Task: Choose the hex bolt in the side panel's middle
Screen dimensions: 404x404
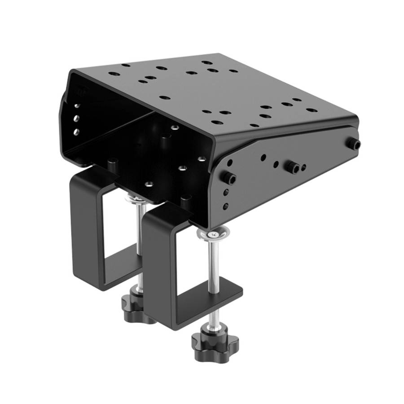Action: coord(293,167)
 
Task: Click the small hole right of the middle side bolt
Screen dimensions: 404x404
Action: coord(304,167)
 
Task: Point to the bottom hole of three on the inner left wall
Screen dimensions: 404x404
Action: coord(76,132)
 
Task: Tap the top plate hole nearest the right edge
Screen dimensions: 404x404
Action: coord(311,110)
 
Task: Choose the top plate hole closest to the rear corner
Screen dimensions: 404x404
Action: coord(126,66)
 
